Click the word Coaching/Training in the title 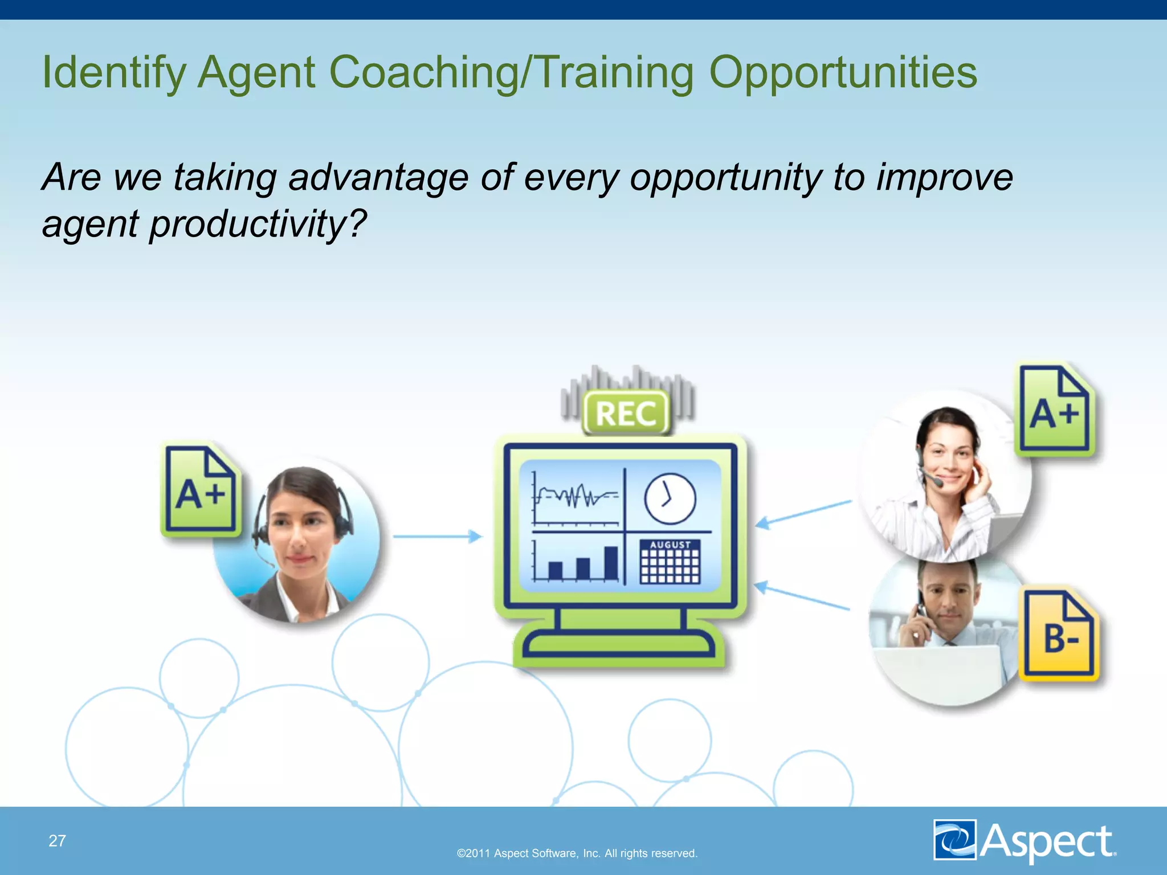[511, 73]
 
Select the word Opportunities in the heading [843, 73]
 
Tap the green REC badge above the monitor [626, 413]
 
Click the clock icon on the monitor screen [670, 498]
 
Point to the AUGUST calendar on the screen [670, 562]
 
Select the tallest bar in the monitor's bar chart [611, 563]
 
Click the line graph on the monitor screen [576, 497]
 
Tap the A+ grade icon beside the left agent [200, 490]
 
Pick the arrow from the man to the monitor [802, 596]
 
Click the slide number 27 [57, 841]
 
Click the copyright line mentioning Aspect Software [577, 853]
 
